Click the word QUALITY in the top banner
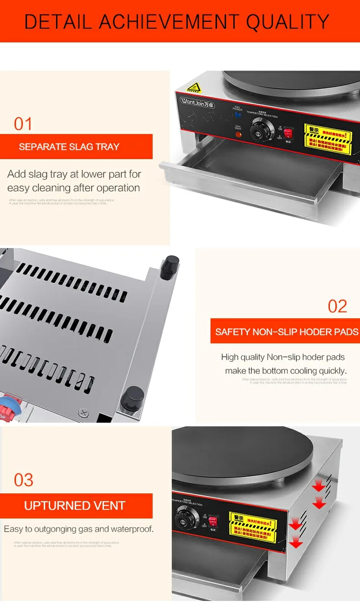click(x=288, y=21)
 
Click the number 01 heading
click(x=23, y=124)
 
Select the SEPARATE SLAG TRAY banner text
click(x=69, y=147)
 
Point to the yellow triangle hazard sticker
click(x=195, y=88)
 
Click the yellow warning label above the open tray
click(x=328, y=140)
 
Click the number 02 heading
click(x=337, y=306)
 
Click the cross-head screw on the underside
click(x=83, y=413)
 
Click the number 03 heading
click(x=24, y=480)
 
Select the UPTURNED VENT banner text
click(x=75, y=506)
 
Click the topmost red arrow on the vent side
click(x=319, y=486)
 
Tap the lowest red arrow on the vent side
click(x=296, y=542)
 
